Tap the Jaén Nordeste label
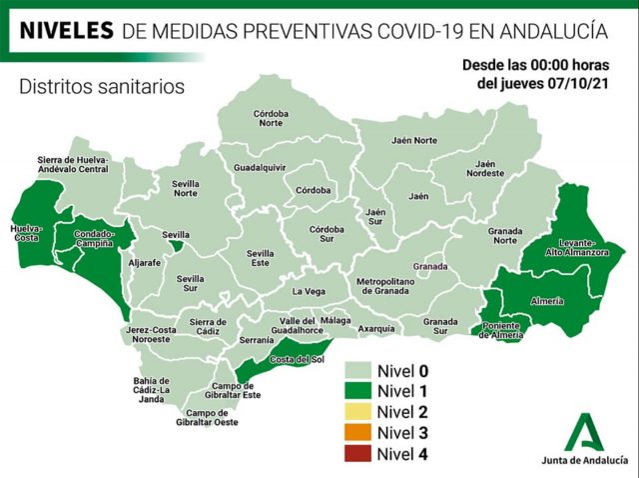click(486, 168)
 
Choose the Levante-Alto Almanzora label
click(574, 248)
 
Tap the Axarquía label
click(376, 328)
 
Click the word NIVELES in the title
click(66, 31)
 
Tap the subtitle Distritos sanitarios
click(102, 87)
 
